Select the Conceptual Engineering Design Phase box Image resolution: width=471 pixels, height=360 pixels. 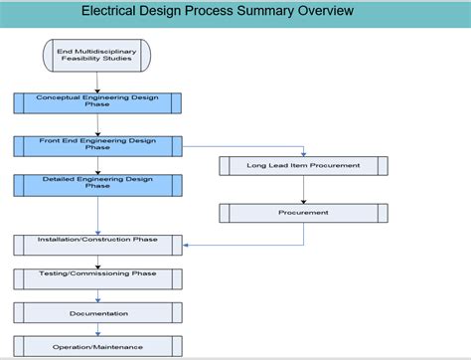tap(97, 102)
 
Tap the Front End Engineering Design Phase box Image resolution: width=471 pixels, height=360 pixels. tap(97, 145)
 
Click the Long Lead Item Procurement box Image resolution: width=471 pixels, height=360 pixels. tap(303, 165)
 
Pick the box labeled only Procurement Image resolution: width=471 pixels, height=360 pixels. tap(303, 213)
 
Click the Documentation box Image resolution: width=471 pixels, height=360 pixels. tap(97, 313)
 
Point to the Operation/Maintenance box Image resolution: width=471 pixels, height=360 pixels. tap(97, 346)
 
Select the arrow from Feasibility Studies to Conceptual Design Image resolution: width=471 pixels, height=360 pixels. tap(97, 82)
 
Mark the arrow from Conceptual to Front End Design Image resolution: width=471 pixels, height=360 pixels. tap(97, 124)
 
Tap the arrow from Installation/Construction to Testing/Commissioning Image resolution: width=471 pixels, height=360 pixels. tap(97, 262)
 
